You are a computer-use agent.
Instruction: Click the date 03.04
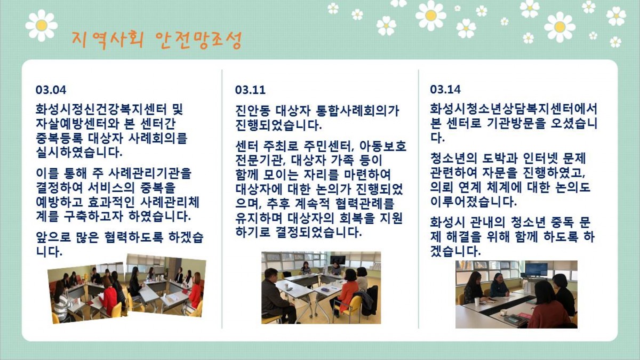point(51,90)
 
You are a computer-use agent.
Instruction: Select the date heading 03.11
point(250,90)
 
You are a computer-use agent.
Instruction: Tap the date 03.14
point(445,90)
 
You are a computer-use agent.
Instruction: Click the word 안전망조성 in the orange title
point(198,40)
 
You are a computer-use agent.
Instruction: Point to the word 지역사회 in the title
point(107,40)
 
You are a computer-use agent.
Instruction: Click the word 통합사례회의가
point(357,111)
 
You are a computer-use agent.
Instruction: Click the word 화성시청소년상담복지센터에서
point(514,109)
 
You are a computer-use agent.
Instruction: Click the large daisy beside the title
point(42,26)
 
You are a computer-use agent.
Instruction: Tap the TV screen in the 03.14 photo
point(537,269)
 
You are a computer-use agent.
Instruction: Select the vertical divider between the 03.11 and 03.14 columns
point(419,199)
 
